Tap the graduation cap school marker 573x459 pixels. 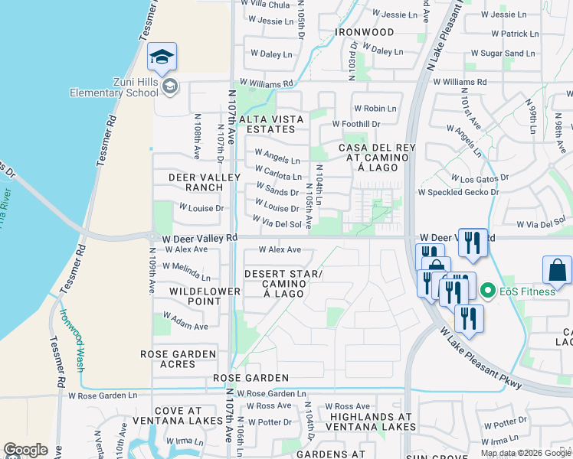pyautogui.click(x=162, y=57)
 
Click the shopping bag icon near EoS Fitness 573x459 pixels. pyautogui.click(x=557, y=271)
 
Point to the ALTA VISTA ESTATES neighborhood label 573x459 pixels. pyautogui.click(x=271, y=125)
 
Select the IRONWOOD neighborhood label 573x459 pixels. pyautogui.click(x=365, y=33)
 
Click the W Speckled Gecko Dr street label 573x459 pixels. pyautogui.click(x=457, y=192)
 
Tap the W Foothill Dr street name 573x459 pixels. pyautogui.click(x=355, y=124)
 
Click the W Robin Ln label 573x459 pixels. pyautogui.click(x=375, y=109)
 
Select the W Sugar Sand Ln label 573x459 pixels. pyautogui.click(x=503, y=54)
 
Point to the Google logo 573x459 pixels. pyautogui.click(x=26, y=450)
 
